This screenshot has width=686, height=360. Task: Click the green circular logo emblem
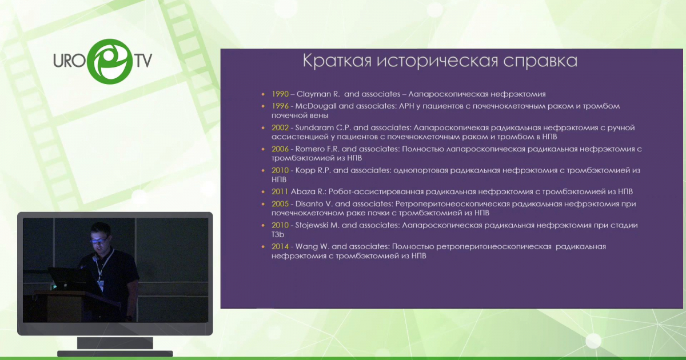(x=110, y=61)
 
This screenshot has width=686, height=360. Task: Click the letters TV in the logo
(x=143, y=61)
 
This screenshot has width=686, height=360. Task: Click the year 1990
(x=280, y=94)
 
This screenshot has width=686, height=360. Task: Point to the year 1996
(x=280, y=106)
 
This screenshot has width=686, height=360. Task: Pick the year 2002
(x=280, y=127)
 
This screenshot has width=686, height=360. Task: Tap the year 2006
(x=280, y=149)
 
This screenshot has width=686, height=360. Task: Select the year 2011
(x=280, y=191)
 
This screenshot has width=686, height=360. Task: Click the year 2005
(x=280, y=204)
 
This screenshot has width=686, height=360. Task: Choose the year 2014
(x=280, y=246)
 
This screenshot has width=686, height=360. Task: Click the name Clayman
(x=313, y=94)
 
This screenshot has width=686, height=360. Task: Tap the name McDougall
(x=316, y=106)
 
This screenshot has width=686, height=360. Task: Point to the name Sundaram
(x=314, y=127)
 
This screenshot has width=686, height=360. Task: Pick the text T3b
(x=278, y=234)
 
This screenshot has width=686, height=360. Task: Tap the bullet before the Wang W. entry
(x=263, y=246)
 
